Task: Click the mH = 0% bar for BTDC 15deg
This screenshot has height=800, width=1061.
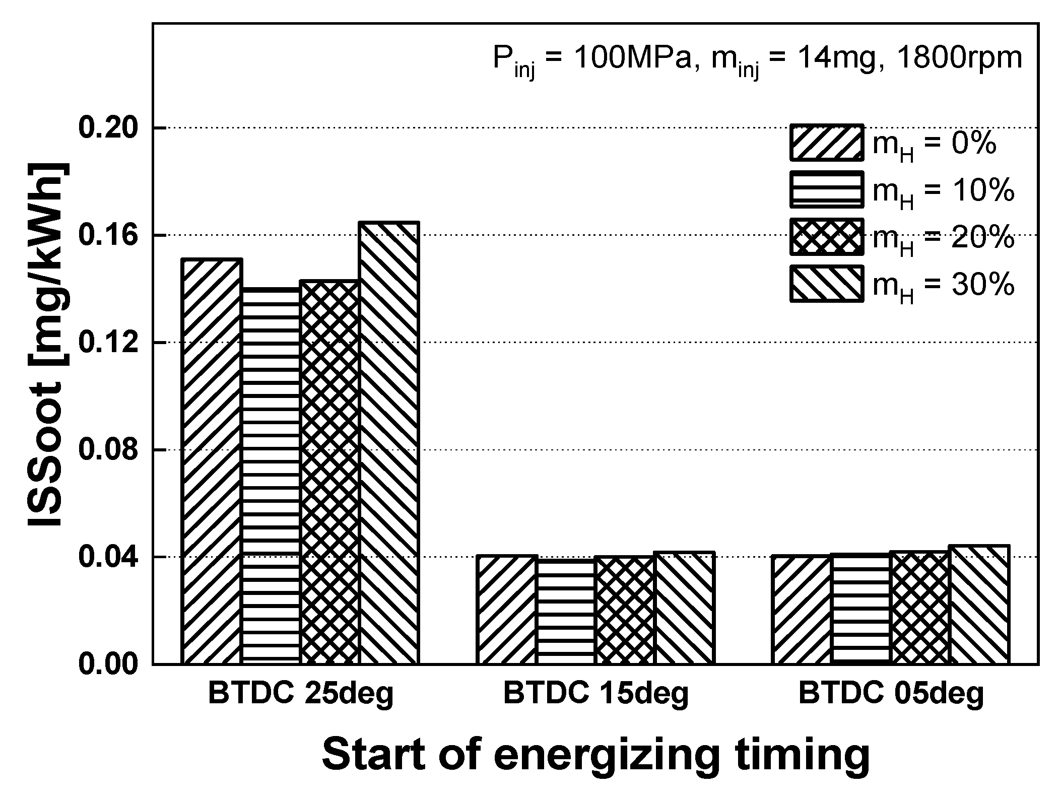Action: click(507, 610)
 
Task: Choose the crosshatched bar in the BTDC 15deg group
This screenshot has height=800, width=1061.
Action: click(625, 610)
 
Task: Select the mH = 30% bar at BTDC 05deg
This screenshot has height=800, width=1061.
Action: click(979, 605)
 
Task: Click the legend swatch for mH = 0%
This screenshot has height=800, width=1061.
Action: click(827, 143)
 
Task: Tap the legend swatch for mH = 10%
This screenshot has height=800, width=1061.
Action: click(827, 189)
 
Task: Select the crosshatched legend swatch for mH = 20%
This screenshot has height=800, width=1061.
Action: click(827, 236)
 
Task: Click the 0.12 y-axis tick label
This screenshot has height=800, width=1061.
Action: click(108, 343)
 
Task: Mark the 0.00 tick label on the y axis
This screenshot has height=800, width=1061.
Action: click(108, 664)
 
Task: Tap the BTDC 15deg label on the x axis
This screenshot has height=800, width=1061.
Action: click(595, 694)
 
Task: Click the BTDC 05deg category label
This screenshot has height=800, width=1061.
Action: click(891, 694)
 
